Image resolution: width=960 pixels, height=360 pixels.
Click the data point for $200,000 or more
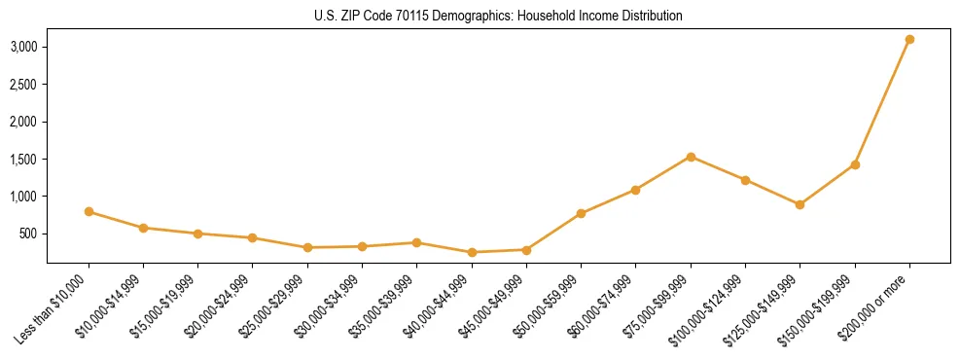pos(909,39)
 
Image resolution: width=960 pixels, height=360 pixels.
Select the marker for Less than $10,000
pos(89,211)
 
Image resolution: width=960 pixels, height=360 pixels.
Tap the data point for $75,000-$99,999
pos(691,157)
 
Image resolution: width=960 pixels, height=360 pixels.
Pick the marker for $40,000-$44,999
pos(472,252)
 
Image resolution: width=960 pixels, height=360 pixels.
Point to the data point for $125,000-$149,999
pos(800,204)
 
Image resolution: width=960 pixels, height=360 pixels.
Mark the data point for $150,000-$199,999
pos(855,164)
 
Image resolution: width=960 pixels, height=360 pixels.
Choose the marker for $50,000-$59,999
pos(581,213)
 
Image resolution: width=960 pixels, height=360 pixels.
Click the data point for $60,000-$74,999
pos(635,190)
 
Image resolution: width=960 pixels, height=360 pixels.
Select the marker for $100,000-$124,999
pos(745,180)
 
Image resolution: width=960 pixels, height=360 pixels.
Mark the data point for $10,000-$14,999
pos(143,228)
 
